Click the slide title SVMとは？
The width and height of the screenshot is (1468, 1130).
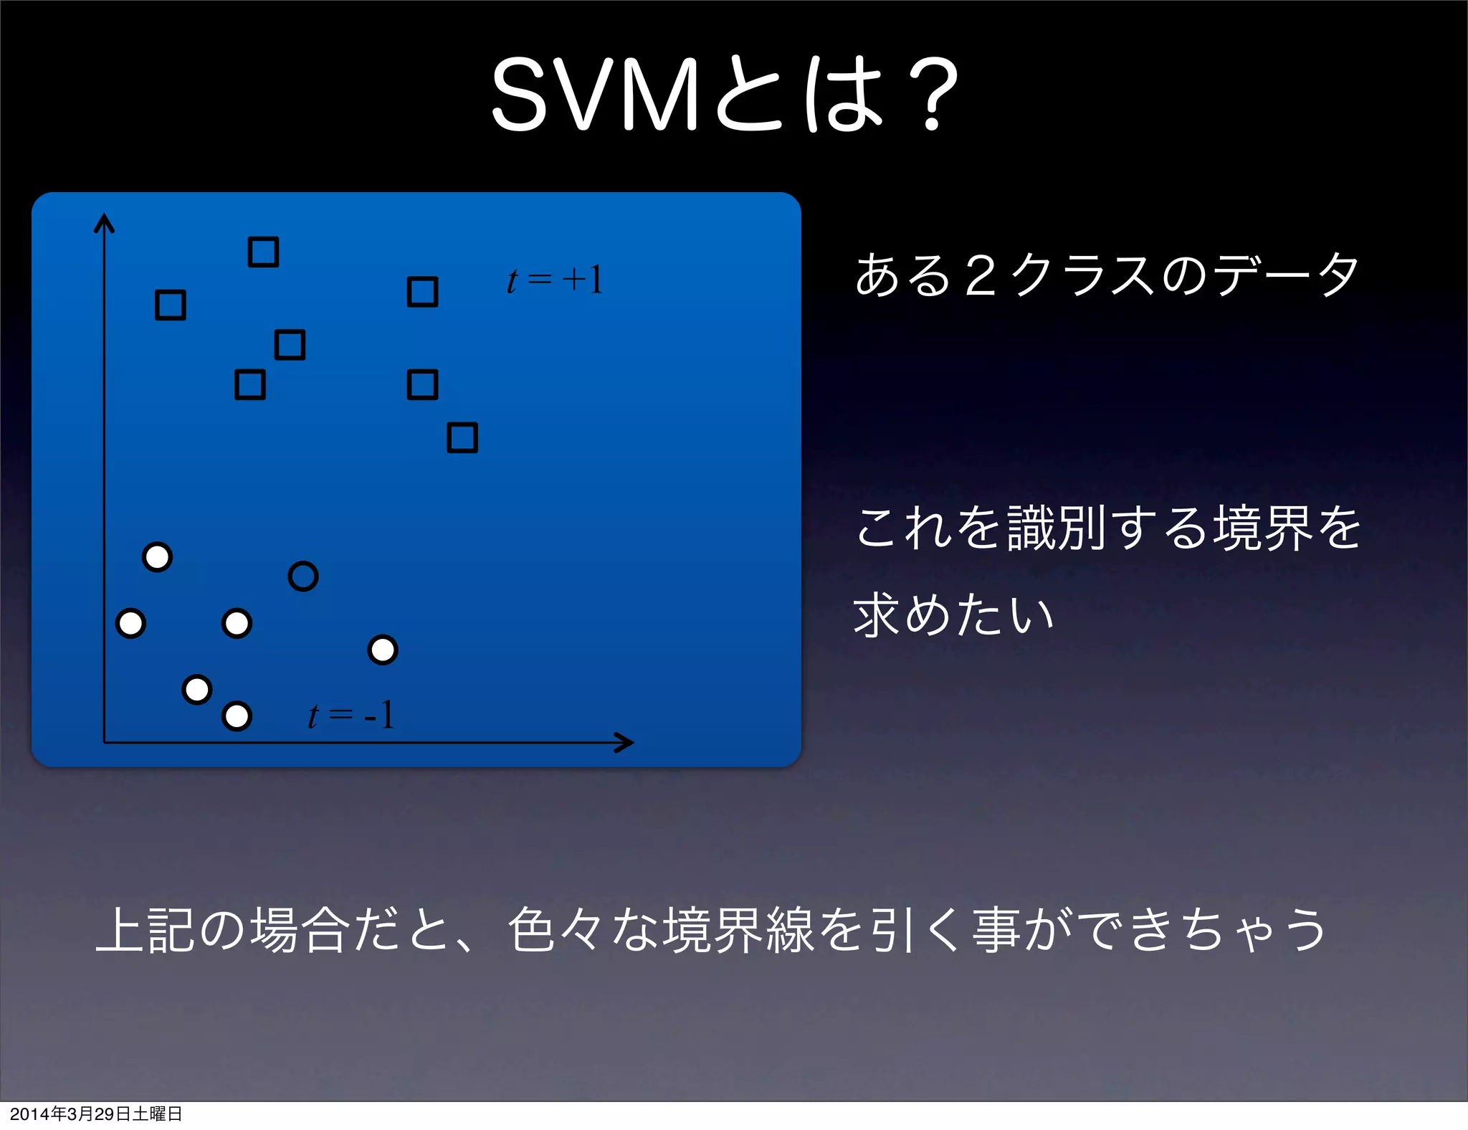point(724,95)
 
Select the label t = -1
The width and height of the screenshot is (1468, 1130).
point(351,715)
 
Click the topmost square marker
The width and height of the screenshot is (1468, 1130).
point(263,252)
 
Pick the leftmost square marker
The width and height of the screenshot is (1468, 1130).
point(171,305)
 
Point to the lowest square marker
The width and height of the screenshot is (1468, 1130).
point(462,437)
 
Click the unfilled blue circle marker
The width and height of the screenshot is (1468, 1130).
point(303,576)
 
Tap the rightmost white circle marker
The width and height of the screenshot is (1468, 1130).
point(383,650)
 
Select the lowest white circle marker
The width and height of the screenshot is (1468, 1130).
point(237,716)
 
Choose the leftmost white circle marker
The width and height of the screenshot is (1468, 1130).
point(130,623)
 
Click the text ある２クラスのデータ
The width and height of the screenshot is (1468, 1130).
point(1107,275)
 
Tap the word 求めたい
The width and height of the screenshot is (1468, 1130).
point(953,615)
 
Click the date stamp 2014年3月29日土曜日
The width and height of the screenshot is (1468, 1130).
point(96,1114)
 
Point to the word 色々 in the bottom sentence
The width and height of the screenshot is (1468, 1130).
point(556,930)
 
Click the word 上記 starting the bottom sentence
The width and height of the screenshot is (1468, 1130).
point(146,930)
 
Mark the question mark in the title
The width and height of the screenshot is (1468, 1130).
point(932,95)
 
